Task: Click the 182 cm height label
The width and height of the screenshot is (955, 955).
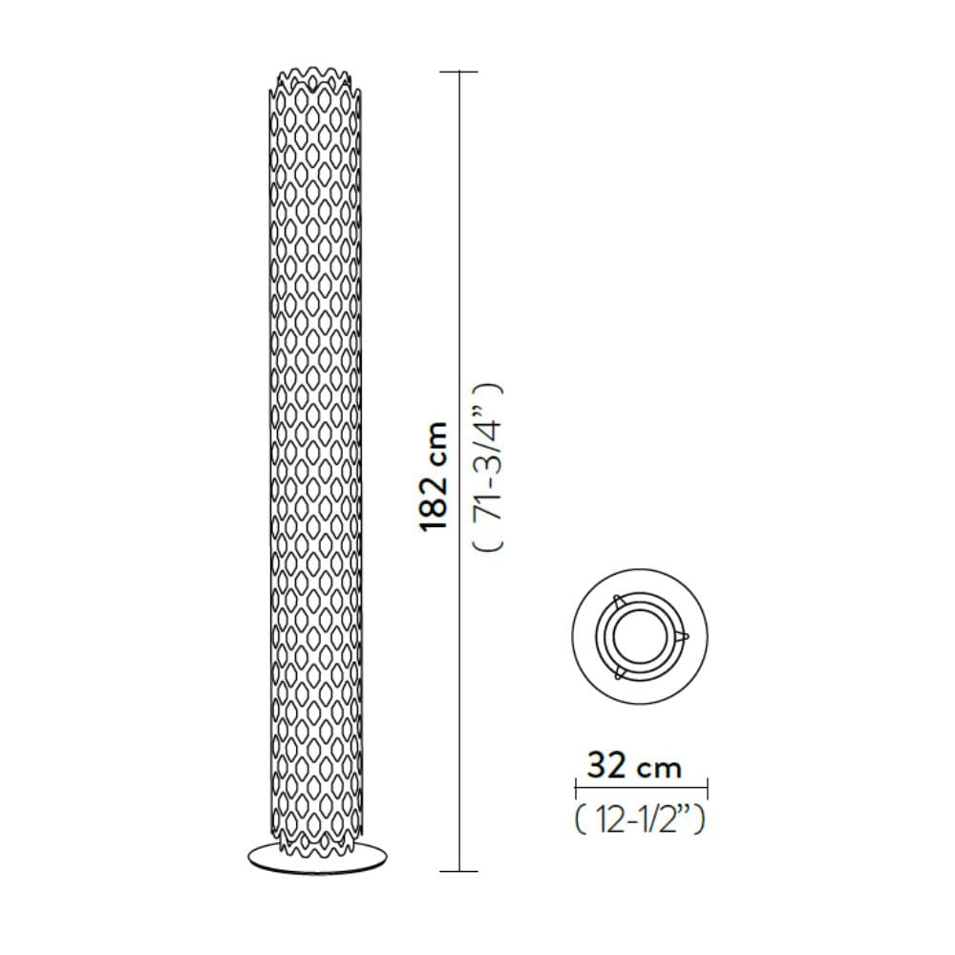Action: tap(435, 477)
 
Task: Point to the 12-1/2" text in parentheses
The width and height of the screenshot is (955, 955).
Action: tap(640, 819)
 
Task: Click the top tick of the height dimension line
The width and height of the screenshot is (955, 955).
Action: tap(458, 72)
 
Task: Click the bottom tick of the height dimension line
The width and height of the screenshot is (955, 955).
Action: tap(458, 872)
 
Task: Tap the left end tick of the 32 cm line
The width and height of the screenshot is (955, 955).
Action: tap(576, 788)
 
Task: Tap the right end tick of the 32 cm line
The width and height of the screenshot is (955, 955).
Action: tap(707, 788)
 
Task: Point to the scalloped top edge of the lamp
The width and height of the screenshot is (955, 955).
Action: tap(315, 83)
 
